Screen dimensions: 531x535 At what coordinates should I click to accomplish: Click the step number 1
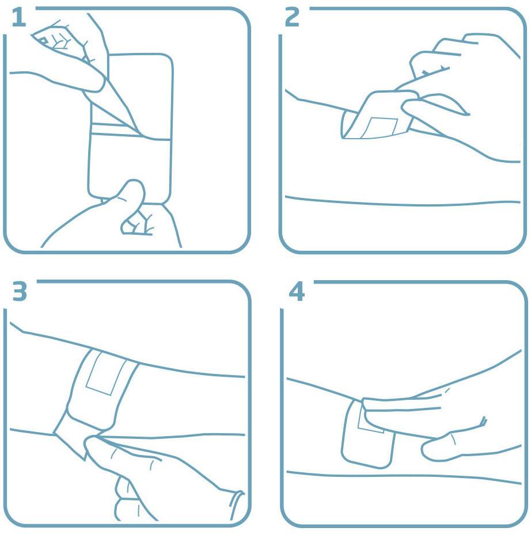tap(18, 18)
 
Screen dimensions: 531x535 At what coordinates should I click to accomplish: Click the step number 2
tap(292, 17)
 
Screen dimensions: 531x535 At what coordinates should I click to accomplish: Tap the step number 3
tap(20, 291)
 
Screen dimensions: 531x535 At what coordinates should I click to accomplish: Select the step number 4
tap(296, 292)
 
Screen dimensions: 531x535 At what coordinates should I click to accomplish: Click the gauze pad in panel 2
tap(380, 128)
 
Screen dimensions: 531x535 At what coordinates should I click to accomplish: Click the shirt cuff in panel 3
tap(236, 505)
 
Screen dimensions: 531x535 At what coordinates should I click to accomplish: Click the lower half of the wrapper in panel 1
tap(130, 168)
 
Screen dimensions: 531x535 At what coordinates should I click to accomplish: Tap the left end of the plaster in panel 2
tap(349, 124)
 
